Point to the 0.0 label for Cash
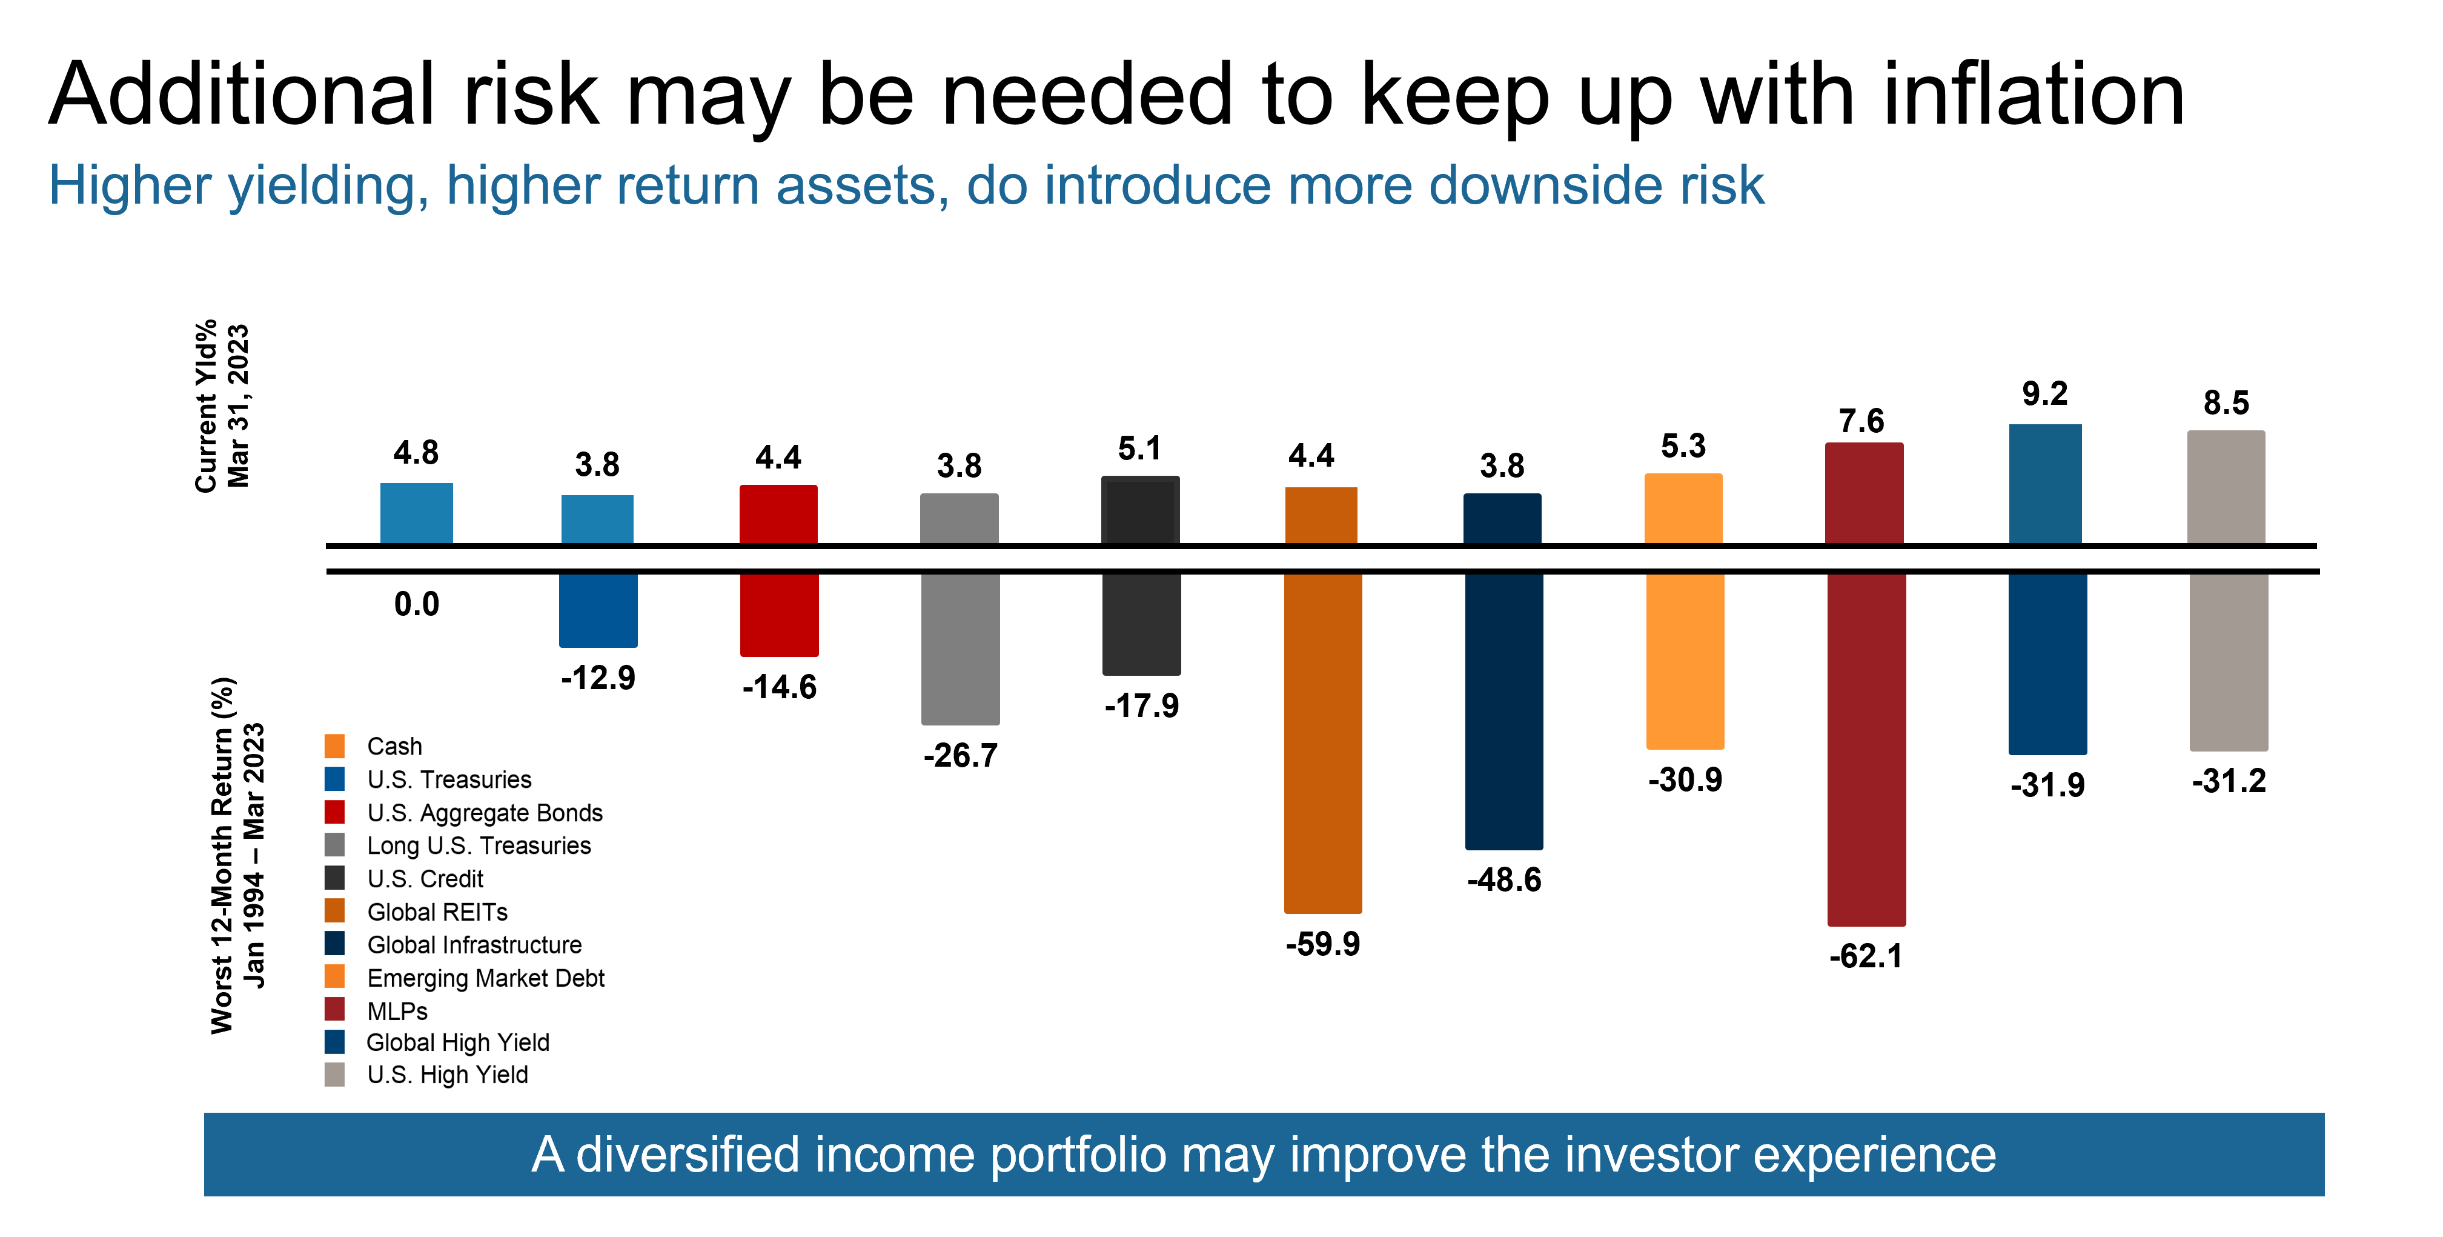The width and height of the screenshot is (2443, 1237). click(416, 604)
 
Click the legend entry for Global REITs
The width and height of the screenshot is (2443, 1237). click(437, 912)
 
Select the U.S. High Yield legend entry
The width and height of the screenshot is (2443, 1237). click(446, 1075)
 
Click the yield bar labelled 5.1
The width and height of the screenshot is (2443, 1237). click(1140, 510)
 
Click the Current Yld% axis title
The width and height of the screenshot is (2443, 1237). click(221, 406)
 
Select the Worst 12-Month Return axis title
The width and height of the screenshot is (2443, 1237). click(236, 855)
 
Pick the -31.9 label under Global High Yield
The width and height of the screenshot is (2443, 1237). click(2047, 785)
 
